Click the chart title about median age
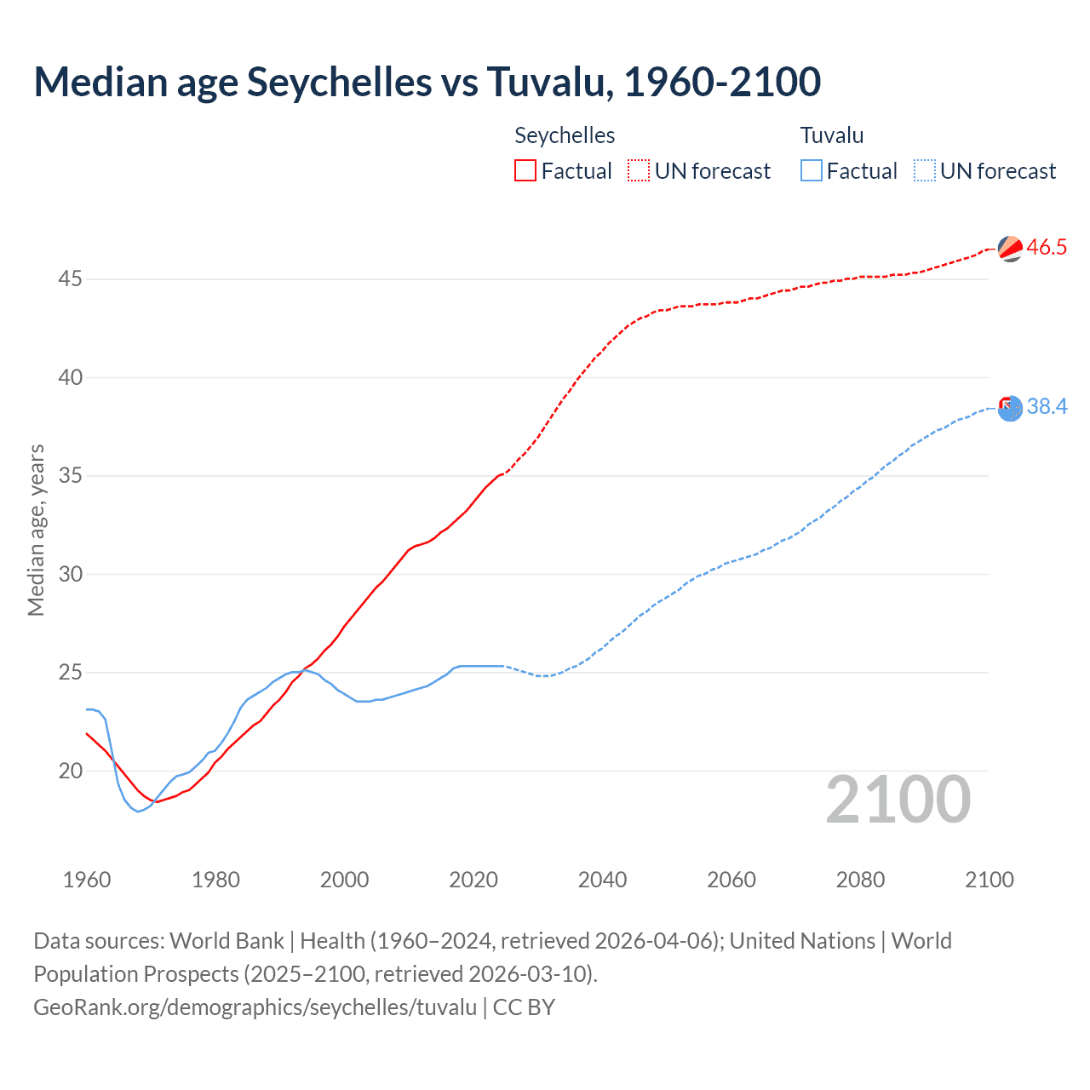click(x=427, y=82)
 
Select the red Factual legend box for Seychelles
click(x=525, y=170)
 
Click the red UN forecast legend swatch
click(x=639, y=170)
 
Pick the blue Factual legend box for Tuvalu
click(x=812, y=170)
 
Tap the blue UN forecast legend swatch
click(x=924, y=170)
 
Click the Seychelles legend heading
click(x=565, y=135)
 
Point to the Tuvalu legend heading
click(x=832, y=135)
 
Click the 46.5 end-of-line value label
click(x=1047, y=247)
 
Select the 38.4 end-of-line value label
click(x=1047, y=406)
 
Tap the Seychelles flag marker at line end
click(x=1010, y=248)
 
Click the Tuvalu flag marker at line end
click(x=1010, y=408)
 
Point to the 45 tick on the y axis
click(x=71, y=279)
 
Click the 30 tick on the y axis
click(x=71, y=574)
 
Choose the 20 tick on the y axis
click(x=71, y=771)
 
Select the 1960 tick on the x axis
click(x=87, y=880)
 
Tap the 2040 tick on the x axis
click(x=602, y=880)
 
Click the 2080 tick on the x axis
click(x=860, y=880)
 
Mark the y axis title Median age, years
click(x=36, y=530)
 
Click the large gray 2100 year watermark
click(x=898, y=800)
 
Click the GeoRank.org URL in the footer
click(x=255, y=1007)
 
